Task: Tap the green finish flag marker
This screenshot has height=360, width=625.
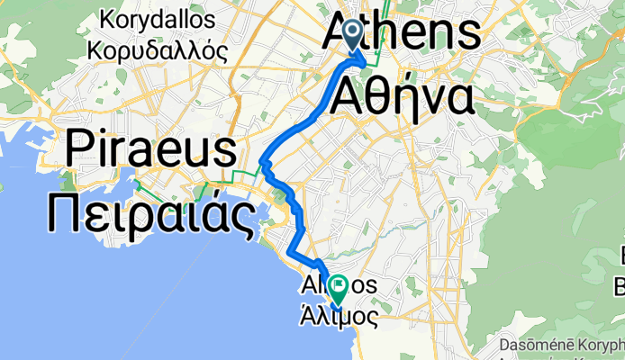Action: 339,289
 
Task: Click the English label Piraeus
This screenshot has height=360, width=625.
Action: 152,148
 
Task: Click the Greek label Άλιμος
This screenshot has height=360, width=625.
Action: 338,316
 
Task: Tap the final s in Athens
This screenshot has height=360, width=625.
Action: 467,34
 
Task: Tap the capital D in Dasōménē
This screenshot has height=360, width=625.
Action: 502,344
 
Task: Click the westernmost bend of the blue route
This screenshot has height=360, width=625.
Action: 262,162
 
